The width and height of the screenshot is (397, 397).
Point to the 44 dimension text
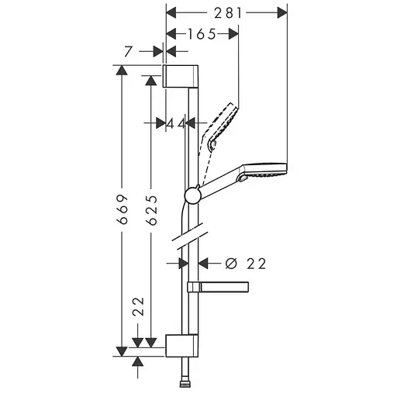(176, 123)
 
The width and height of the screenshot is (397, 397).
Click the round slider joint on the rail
(193, 195)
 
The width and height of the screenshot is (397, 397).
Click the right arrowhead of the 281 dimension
(280, 12)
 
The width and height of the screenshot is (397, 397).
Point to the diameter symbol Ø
(230, 264)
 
